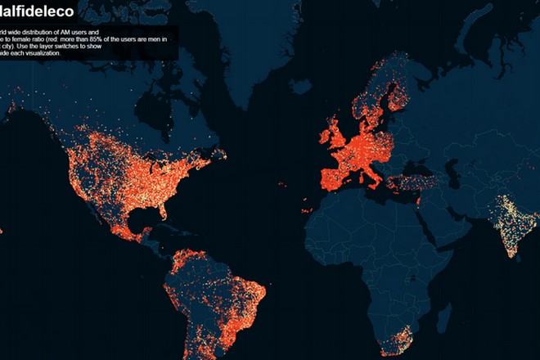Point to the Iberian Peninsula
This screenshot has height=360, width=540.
[332, 176]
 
